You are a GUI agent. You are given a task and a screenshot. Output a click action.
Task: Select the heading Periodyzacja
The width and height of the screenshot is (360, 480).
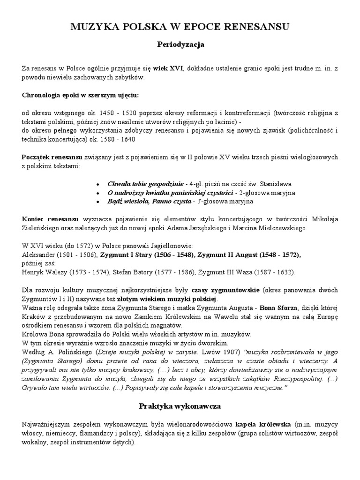(180, 45)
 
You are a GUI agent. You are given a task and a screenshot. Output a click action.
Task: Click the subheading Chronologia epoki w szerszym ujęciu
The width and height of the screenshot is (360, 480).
(81, 95)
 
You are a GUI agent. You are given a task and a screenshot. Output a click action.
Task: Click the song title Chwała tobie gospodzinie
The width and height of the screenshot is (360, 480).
(145, 184)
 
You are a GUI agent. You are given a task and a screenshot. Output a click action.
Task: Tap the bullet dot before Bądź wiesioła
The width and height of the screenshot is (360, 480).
(97, 202)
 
